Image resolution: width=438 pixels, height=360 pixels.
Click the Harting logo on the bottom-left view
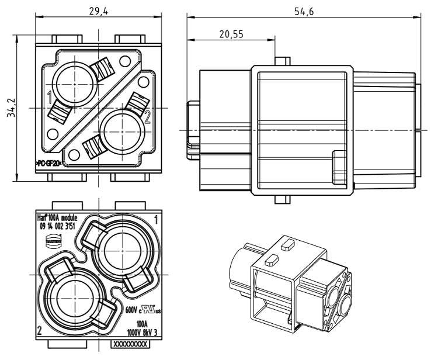(53, 240)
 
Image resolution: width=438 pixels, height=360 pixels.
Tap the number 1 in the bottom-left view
(155, 220)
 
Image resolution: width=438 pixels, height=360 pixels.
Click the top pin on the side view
(282, 61)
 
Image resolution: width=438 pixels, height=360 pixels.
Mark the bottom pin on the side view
(282, 199)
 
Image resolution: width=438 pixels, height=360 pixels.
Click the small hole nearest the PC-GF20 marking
(73, 154)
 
